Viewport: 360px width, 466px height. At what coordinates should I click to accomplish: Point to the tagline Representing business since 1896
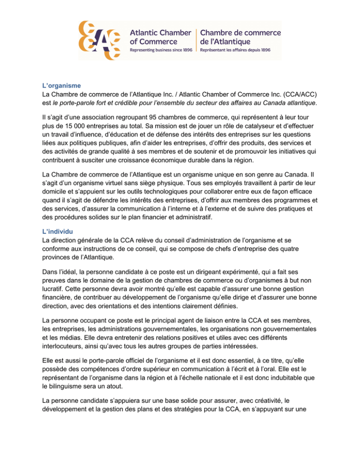coord(160,49)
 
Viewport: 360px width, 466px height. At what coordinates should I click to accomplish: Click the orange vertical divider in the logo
coord(196,39)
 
